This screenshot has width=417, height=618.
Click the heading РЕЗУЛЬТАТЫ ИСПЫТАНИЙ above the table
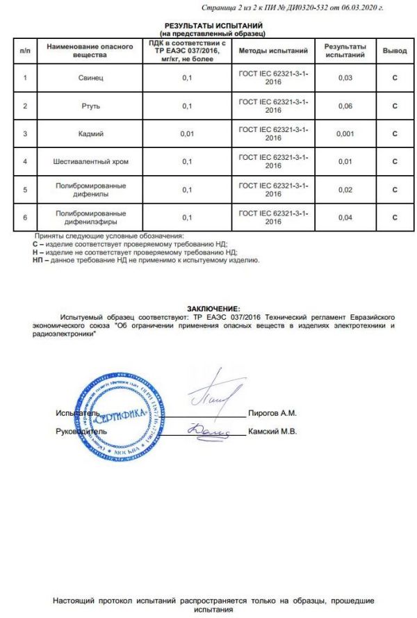click(213, 25)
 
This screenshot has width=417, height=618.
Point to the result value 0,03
click(345, 78)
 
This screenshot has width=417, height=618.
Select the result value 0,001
click(345, 134)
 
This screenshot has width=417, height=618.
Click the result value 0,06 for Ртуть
click(345, 106)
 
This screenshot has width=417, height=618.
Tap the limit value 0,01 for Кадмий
click(186, 134)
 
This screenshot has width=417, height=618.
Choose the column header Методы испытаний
click(272, 51)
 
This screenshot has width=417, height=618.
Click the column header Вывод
click(394, 51)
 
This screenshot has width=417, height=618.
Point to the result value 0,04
click(345, 218)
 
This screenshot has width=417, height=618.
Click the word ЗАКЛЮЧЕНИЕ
click(213, 307)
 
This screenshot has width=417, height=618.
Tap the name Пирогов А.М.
click(272, 413)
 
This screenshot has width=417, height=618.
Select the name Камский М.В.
click(272, 432)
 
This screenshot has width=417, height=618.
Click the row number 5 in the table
click(25, 190)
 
